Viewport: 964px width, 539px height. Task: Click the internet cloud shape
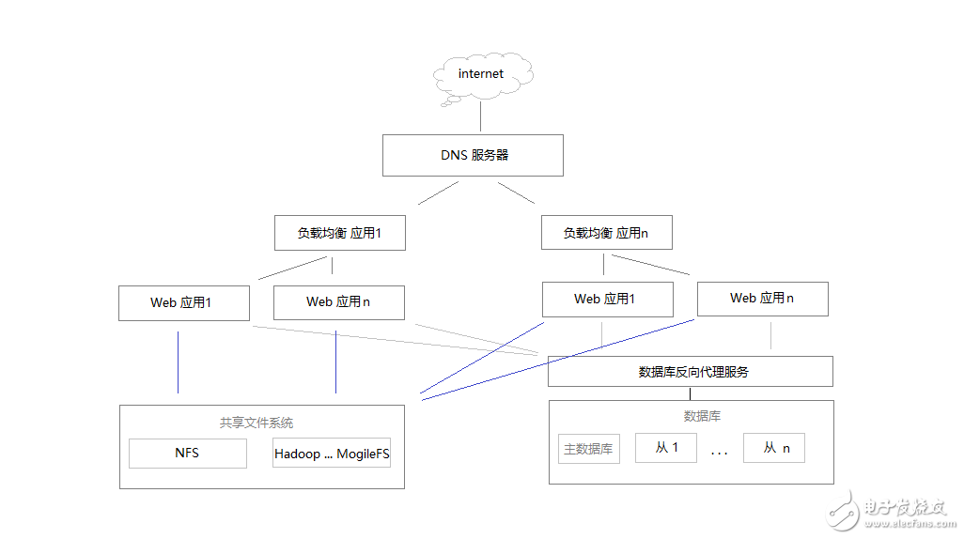click(481, 74)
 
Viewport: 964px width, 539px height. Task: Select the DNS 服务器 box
click(473, 155)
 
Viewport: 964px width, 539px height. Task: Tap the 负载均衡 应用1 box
click(339, 233)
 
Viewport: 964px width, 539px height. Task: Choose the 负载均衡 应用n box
click(606, 233)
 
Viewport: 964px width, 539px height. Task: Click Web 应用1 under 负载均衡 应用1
click(184, 302)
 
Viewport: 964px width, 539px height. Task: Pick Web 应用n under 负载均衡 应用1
click(338, 302)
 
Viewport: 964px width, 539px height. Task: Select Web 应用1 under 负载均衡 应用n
click(607, 300)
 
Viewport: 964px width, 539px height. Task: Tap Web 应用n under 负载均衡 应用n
click(762, 299)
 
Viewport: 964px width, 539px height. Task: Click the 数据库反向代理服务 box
click(691, 372)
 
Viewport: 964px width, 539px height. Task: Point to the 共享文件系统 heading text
click(257, 423)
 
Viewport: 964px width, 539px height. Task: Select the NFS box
click(187, 454)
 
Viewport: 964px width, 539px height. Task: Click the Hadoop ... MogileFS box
click(332, 454)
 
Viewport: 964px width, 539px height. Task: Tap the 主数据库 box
click(589, 449)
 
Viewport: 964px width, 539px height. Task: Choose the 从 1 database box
click(666, 448)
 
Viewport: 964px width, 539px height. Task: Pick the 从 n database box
click(774, 448)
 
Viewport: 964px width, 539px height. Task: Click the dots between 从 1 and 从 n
click(720, 453)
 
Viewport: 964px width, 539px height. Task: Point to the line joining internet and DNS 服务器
click(481, 117)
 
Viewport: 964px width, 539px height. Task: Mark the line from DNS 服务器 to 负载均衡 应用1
click(438, 193)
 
